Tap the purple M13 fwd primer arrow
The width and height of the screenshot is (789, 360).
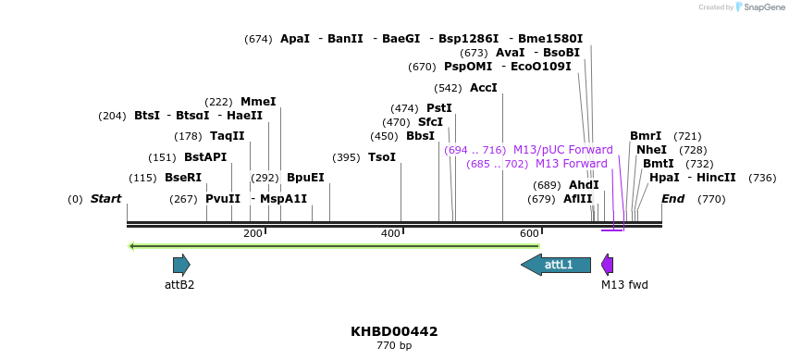(608, 265)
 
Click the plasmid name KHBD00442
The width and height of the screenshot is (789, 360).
(394, 331)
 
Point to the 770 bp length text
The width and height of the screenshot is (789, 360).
(394, 346)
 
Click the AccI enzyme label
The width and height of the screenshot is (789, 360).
(483, 88)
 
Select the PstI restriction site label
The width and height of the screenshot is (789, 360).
(438, 108)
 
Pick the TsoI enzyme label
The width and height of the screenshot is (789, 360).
(381, 157)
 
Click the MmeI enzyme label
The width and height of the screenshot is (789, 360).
(258, 102)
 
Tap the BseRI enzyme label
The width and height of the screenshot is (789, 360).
(182, 178)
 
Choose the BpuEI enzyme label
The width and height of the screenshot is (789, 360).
(305, 178)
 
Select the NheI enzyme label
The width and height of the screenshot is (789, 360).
(651, 150)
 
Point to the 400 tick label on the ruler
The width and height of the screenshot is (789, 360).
(391, 234)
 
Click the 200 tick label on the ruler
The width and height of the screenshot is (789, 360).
(253, 234)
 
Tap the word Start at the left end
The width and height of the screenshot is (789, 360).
(105, 199)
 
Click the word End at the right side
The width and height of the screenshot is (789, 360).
(672, 199)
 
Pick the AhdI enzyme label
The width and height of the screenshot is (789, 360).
(584, 185)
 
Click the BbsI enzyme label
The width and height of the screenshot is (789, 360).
(420, 136)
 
